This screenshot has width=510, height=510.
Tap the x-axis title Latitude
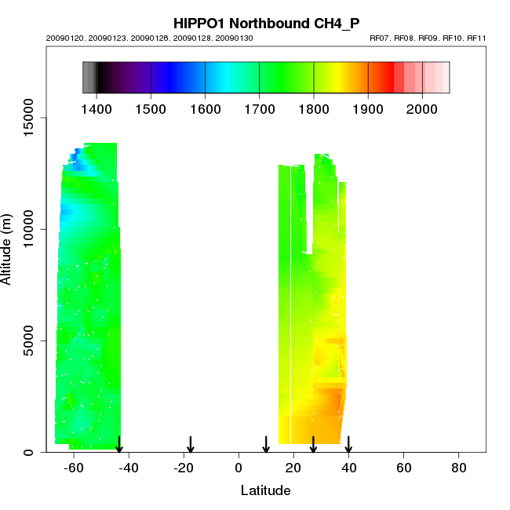(x=265, y=490)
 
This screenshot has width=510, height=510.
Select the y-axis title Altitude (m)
(x=7, y=248)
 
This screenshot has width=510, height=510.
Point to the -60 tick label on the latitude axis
(x=73, y=468)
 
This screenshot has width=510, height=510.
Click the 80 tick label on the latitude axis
(x=459, y=468)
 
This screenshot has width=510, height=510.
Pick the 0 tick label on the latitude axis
(x=239, y=468)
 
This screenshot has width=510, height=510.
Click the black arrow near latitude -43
(x=119, y=445)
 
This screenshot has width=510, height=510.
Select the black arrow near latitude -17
(x=191, y=445)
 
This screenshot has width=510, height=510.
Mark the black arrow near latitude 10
(x=266, y=445)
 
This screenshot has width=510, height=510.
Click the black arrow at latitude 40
(x=348, y=445)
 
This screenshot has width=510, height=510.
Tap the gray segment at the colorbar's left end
(x=89, y=78)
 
